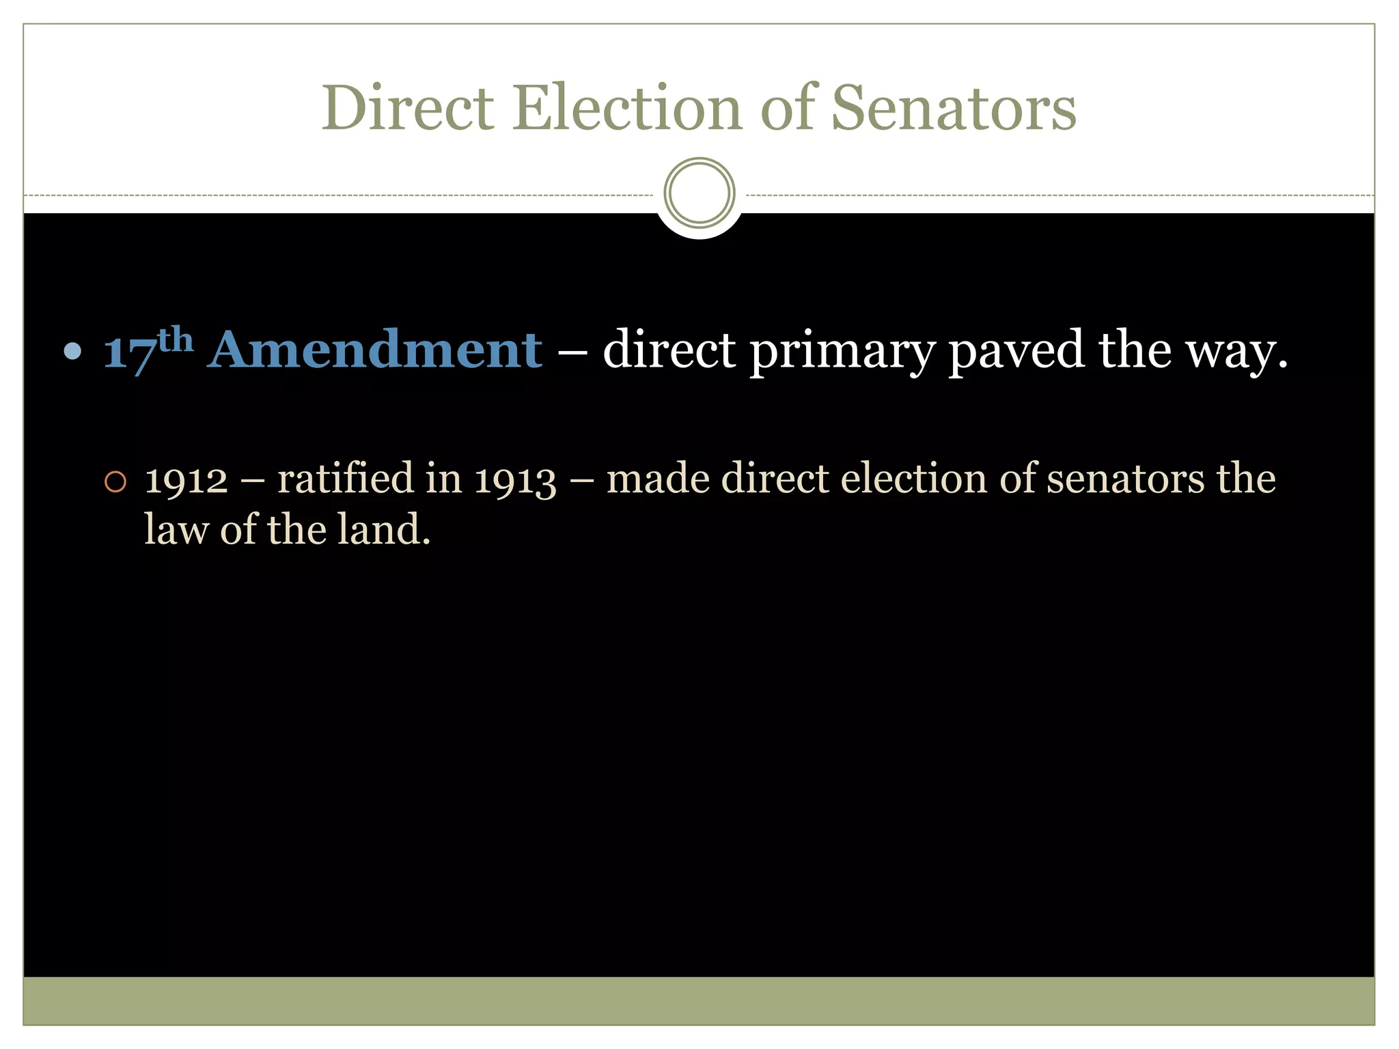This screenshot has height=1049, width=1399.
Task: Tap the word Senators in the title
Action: (954, 109)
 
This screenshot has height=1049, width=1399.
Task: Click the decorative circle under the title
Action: (699, 193)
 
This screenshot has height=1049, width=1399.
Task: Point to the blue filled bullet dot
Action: (72, 352)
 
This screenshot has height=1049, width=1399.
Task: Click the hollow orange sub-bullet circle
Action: (115, 482)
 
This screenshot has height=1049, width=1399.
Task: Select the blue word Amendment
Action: (376, 350)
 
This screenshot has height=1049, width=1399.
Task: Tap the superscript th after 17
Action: (176, 339)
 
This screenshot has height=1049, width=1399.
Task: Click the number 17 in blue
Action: (129, 353)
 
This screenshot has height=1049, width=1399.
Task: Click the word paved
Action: (1016, 350)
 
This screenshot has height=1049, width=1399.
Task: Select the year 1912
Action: (186, 479)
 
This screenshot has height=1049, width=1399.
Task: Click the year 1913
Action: (515, 479)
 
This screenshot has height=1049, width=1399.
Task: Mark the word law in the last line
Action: (176, 529)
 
